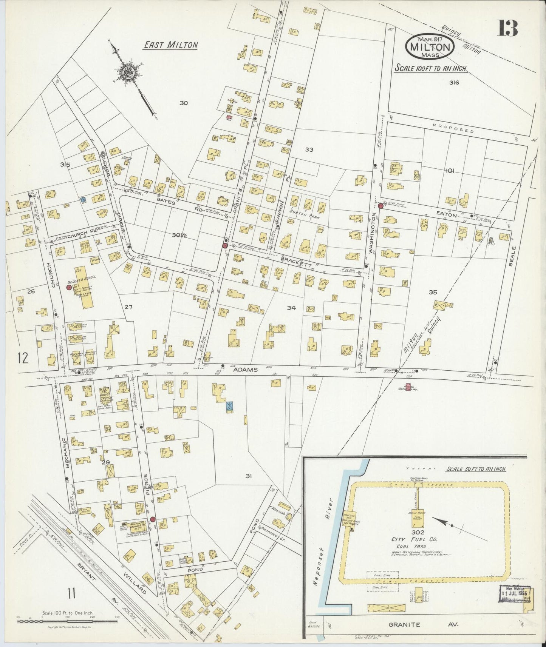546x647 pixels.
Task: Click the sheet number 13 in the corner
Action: pos(507,28)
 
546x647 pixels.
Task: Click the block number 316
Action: pos(454,83)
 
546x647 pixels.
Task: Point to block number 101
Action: pos(449,171)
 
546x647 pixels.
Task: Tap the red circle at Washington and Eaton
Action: pos(380,206)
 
